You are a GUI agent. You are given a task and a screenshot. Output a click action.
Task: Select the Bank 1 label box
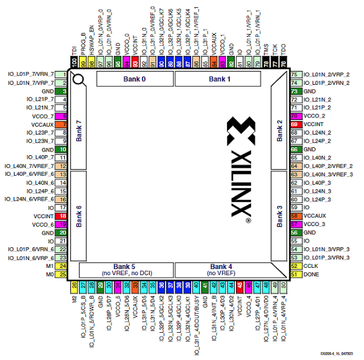220,79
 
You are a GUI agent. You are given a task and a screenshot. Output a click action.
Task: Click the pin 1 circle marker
78,78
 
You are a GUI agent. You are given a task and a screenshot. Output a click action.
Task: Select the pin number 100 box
75,62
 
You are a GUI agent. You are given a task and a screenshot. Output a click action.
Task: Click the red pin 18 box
62,216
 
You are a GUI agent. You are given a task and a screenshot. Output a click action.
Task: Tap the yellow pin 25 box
62,275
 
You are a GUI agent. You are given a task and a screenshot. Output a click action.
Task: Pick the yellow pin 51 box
295,274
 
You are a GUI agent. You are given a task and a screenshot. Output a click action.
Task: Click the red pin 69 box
295,124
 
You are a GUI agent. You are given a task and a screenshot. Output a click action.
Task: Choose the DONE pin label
311,274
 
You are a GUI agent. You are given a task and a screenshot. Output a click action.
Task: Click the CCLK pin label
311,265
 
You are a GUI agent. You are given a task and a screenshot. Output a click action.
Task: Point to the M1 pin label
50,266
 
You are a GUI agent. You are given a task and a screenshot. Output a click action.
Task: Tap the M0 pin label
50,275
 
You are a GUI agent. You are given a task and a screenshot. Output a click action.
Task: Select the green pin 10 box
62,148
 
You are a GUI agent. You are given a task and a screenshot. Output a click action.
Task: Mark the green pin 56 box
295,232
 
